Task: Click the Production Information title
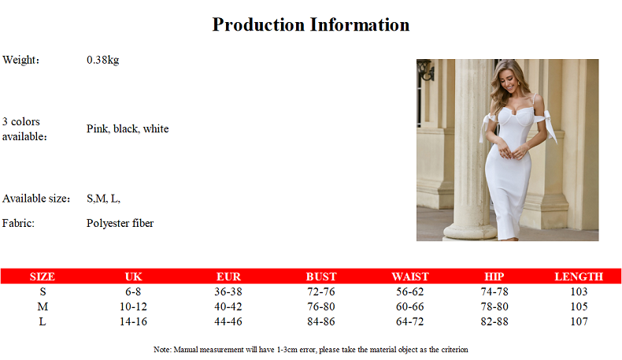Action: click(x=310, y=24)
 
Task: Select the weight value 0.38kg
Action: click(x=102, y=60)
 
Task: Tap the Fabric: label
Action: click(x=18, y=223)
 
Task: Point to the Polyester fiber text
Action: click(x=120, y=223)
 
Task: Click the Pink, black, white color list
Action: click(x=128, y=128)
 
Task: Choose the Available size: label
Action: click(x=36, y=198)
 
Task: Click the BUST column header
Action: click(x=321, y=276)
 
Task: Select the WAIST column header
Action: click(x=410, y=276)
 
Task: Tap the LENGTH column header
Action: click(x=579, y=276)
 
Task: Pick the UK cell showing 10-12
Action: click(x=133, y=306)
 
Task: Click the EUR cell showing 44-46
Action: click(x=228, y=321)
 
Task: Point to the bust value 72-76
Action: click(x=321, y=291)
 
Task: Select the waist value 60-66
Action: click(x=409, y=306)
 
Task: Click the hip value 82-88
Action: click(x=494, y=321)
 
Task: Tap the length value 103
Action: click(x=579, y=291)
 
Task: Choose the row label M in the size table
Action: click(x=43, y=306)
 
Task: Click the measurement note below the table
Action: click(x=310, y=350)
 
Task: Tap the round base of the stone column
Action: click(x=470, y=232)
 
